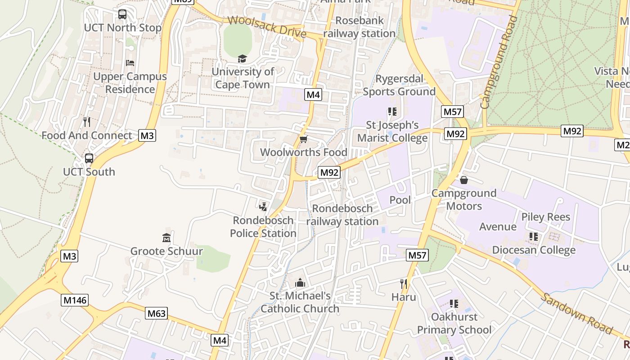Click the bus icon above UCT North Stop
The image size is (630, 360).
[122, 14]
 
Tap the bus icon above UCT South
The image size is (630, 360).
[89, 158]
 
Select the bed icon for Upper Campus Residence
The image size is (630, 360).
[130, 63]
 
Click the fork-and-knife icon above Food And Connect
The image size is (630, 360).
[87, 121]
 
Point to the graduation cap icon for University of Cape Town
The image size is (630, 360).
[243, 58]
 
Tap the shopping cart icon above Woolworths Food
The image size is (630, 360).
[304, 139]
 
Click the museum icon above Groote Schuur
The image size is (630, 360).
[166, 238]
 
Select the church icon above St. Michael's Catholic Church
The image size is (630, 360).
[300, 283]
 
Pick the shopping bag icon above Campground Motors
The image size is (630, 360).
[464, 180]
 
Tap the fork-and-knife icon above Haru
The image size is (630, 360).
[404, 283]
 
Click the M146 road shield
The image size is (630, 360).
[75, 300]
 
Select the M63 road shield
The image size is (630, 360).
[156, 313]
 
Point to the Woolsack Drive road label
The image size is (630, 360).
[266, 27]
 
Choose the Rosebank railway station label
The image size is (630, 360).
[359, 27]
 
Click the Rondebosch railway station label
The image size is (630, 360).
[342, 215]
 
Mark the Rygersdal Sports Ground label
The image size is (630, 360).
[399, 85]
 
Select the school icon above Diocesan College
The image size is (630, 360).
[534, 236]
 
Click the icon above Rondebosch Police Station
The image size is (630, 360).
[263, 207]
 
